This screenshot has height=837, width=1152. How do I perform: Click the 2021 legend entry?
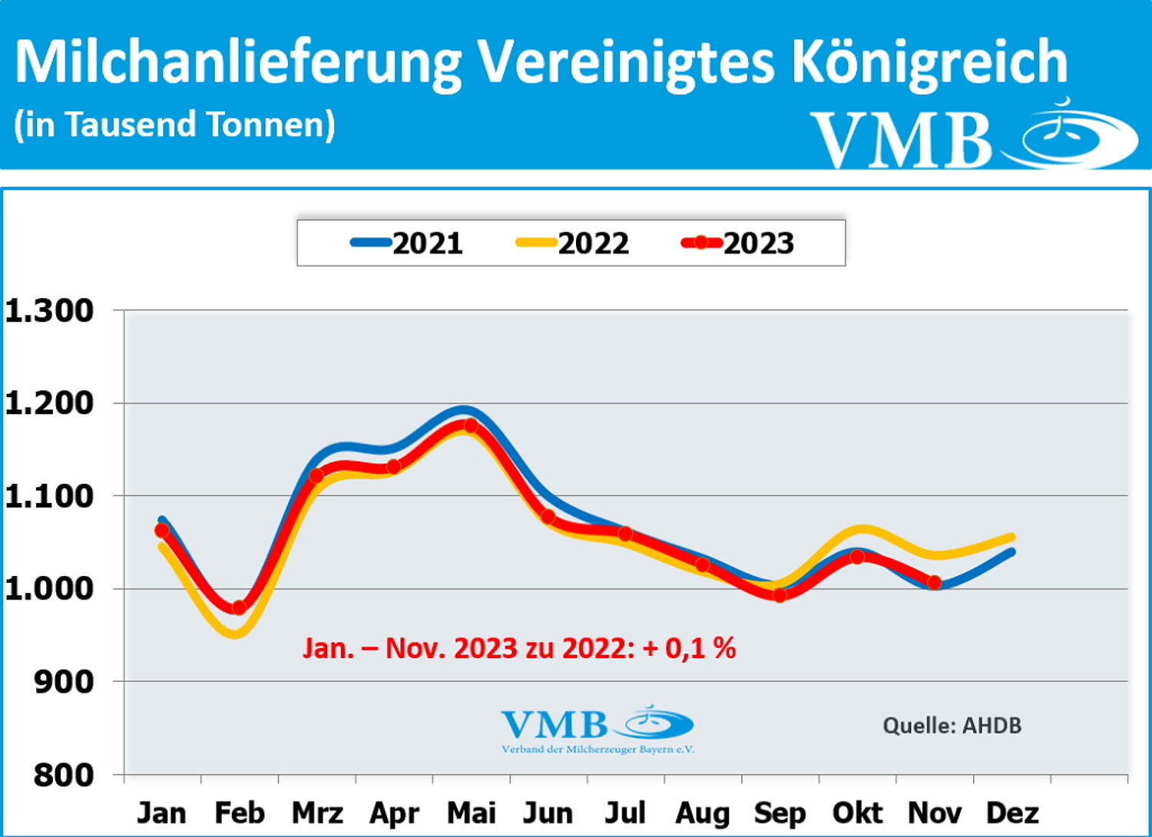[x=407, y=243]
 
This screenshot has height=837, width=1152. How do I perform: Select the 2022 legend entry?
[x=572, y=243]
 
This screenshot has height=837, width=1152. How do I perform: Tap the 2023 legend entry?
[x=738, y=243]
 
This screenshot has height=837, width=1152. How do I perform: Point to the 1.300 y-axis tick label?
[x=49, y=311]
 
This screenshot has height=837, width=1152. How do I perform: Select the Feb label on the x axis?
[x=240, y=812]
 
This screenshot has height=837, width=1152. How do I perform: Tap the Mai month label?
[x=472, y=812]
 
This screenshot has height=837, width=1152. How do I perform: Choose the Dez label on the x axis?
[x=1012, y=812]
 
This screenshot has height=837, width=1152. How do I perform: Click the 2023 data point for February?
[x=239, y=607]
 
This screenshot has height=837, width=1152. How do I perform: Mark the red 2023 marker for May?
[x=471, y=425]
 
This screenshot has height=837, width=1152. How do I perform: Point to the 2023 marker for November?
[x=934, y=583]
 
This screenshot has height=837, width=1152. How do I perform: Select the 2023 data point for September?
[x=780, y=595]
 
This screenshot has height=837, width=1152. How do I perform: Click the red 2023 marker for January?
[x=162, y=531]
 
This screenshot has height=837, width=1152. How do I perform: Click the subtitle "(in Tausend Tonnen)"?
[x=175, y=125]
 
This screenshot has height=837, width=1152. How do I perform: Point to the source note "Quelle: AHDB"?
[x=952, y=726]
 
